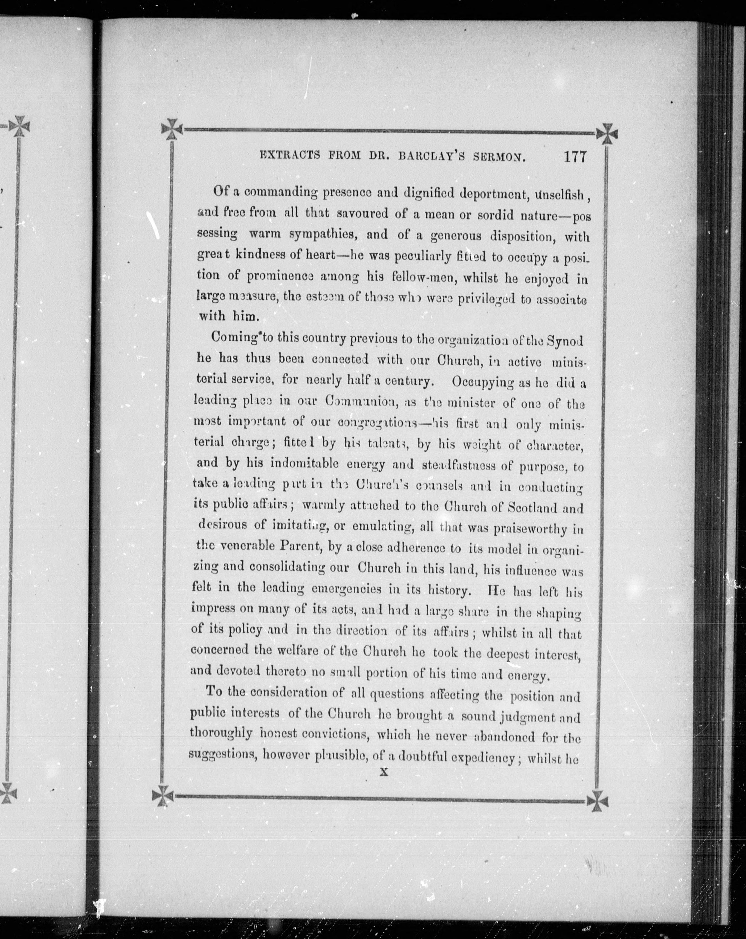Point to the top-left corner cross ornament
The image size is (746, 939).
pyautogui.click(x=172, y=129)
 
